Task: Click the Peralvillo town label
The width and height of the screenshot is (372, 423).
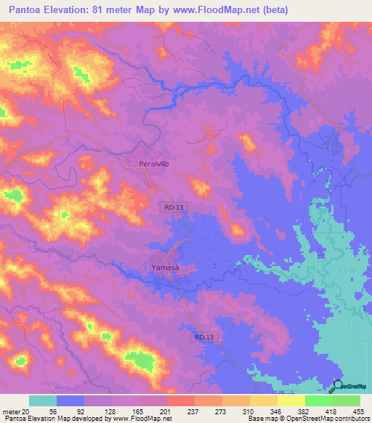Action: pos(154,164)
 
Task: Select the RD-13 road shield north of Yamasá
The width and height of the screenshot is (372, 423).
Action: pos(174,207)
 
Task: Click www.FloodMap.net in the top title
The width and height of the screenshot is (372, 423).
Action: pos(217,10)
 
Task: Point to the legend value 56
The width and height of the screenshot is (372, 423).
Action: pos(43,411)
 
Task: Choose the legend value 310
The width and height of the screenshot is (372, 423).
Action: pos(249,411)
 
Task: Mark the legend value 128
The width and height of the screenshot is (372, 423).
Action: pos(98,411)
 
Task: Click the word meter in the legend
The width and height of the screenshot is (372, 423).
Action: pos(11,411)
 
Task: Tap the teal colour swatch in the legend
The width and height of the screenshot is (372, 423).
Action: pos(43,400)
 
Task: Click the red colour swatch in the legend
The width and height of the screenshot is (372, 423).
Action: pos(181,400)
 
